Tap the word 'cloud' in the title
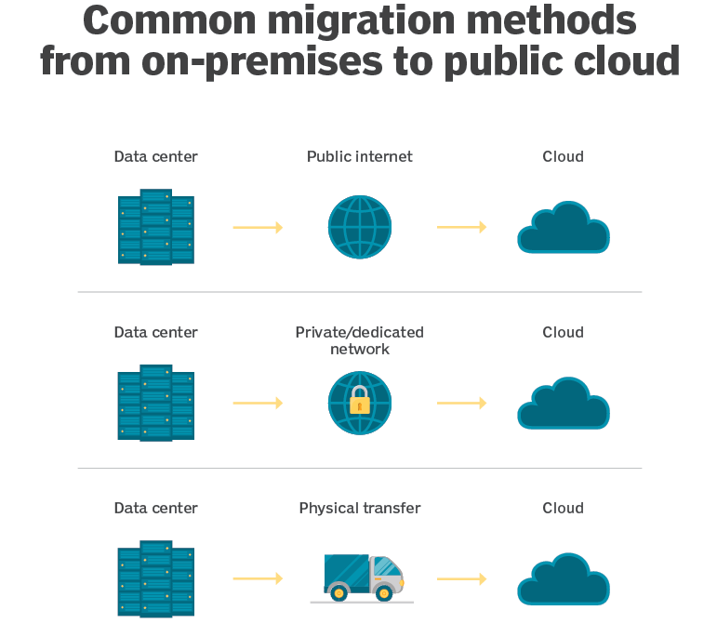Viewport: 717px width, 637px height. pyautogui.click(x=626, y=60)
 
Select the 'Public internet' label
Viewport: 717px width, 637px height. pyautogui.click(x=359, y=157)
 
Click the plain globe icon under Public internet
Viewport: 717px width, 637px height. pyautogui.click(x=360, y=227)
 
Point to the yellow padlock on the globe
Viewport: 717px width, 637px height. pyautogui.click(x=360, y=400)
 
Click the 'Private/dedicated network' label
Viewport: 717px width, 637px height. pyautogui.click(x=359, y=340)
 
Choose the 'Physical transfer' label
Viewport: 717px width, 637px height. pyautogui.click(x=360, y=508)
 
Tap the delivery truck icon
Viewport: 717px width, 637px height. pyautogui.click(x=363, y=578)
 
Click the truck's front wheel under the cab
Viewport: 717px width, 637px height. pyautogui.click(x=384, y=593)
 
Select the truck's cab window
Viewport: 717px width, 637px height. pyautogui.click(x=388, y=566)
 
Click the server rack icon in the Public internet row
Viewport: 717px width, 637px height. pyautogui.click(x=156, y=227)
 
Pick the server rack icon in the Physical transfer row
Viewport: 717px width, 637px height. pyautogui.click(x=156, y=578)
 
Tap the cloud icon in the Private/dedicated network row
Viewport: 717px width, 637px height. pyautogui.click(x=564, y=404)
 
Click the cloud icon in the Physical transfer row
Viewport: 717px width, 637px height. pyautogui.click(x=564, y=579)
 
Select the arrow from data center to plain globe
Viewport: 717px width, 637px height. pyautogui.click(x=258, y=227)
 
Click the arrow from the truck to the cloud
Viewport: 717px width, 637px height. pyautogui.click(x=462, y=579)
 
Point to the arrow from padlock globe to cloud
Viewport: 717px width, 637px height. pyautogui.click(x=462, y=403)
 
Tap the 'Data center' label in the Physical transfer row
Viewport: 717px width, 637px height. pyautogui.click(x=156, y=508)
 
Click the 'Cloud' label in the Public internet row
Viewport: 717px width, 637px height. pyautogui.click(x=563, y=157)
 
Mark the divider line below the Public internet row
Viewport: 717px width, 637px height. pyautogui.click(x=360, y=292)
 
